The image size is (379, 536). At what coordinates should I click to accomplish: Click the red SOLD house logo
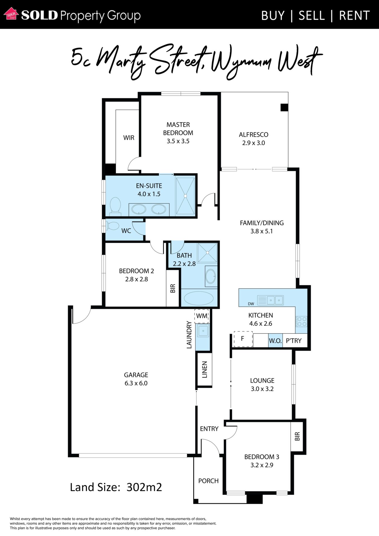(x=11, y=14)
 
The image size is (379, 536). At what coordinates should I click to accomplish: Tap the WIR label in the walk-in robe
(x=129, y=138)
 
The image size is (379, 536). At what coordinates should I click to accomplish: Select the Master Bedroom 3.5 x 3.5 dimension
(x=178, y=141)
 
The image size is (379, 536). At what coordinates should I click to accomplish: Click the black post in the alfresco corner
(x=284, y=107)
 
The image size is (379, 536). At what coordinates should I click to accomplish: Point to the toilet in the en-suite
(x=115, y=206)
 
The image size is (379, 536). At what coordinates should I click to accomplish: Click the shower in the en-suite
(x=185, y=196)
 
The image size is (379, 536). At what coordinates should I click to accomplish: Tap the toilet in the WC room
(x=112, y=226)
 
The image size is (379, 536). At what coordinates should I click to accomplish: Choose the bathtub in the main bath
(x=199, y=298)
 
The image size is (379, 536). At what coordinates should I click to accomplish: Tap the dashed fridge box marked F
(x=243, y=339)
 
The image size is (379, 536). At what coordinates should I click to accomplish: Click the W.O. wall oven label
(x=275, y=341)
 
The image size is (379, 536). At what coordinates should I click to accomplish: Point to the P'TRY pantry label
(x=294, y=341)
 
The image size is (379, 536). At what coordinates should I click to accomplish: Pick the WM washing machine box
(x=202, y=316)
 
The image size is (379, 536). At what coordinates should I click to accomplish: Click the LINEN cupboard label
(x=205, y=369)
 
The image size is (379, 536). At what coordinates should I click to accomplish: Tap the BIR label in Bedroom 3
(x=297, y=436)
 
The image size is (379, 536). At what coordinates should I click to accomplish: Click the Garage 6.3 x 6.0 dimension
(x=136, y=383)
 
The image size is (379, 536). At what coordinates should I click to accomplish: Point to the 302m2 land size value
(x=144, y=487)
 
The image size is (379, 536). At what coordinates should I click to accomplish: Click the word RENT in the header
(x=354, y=16)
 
